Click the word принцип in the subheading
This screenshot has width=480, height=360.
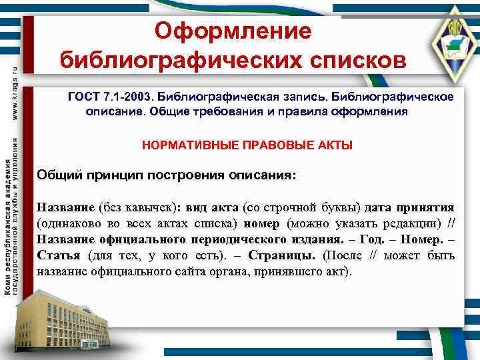click(x=117, y=175)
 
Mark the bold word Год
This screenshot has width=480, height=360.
click(x=373, y=239)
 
